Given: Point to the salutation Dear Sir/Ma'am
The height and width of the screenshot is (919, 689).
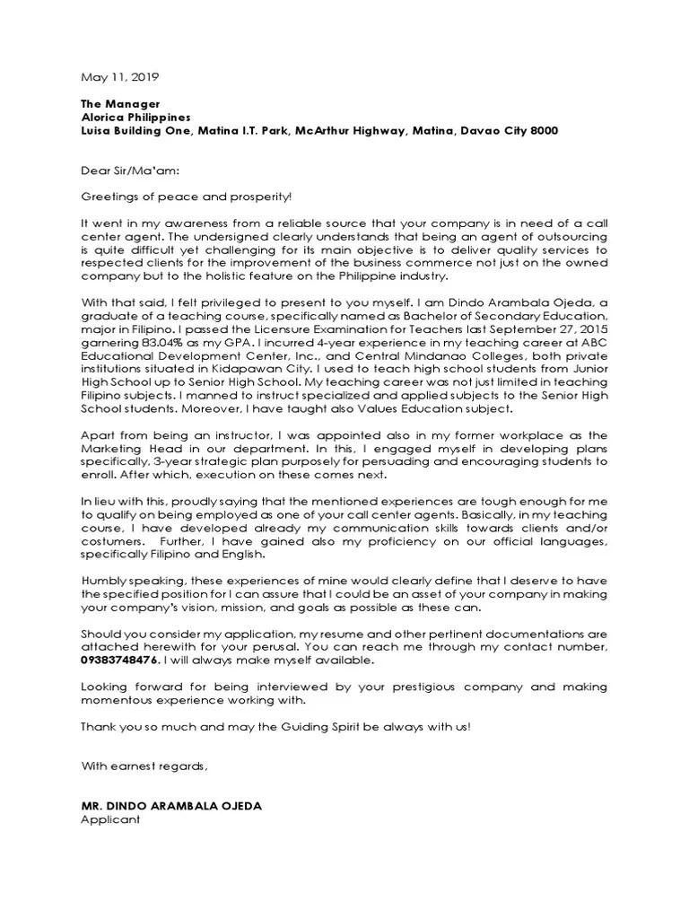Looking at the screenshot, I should pyautogui.click(x=122, y=170).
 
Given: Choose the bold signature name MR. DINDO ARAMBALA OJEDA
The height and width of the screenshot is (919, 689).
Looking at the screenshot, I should pyautogui.click(x=171, y=806).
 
